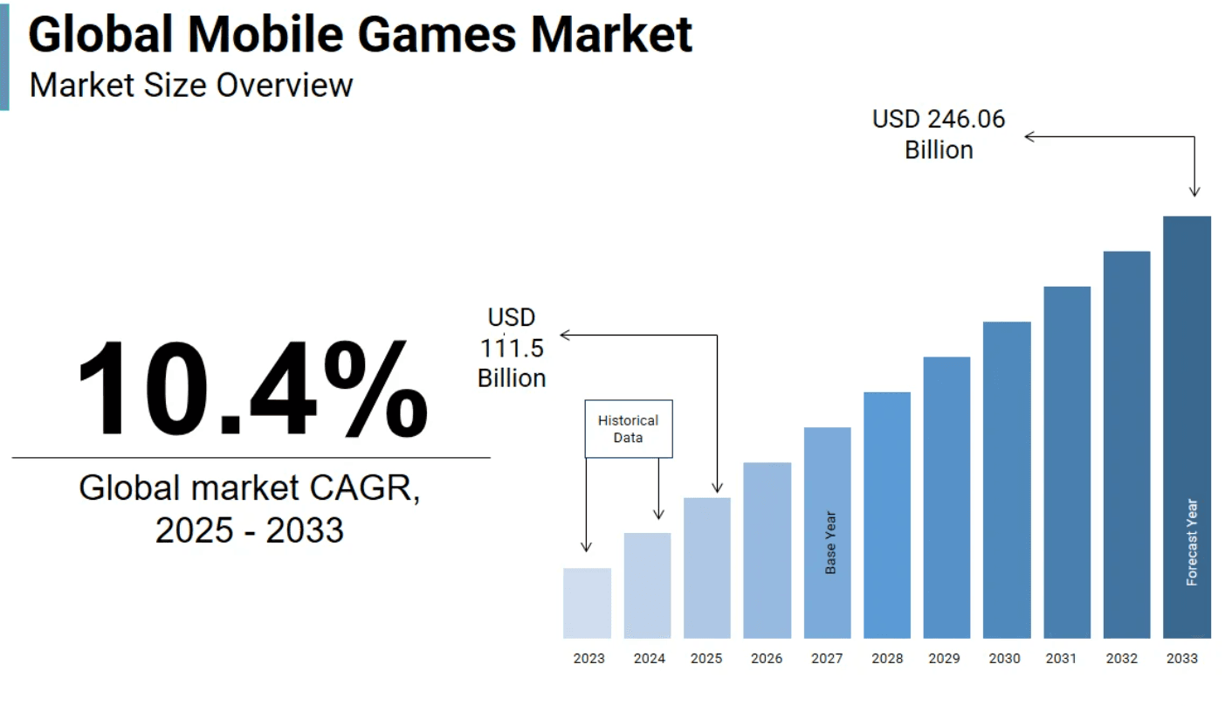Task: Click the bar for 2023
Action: pos(587,603)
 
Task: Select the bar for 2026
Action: pos(767,550)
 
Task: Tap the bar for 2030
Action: pos(1006,480)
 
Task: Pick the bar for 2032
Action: pos(1126,445)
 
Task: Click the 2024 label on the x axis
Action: pos(647,659)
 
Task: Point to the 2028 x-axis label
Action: pos(886,659)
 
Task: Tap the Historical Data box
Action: pos(628,428)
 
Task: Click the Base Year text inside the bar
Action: pos(830,543)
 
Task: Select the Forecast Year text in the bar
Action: pos(1192,542)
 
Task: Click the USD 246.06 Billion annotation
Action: pos(939,135)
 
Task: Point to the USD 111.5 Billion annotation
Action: pos(512,348)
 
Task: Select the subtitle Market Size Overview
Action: pos(191,86)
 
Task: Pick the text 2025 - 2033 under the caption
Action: pos(250,530)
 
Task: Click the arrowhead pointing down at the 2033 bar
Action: pos(1194,191)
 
